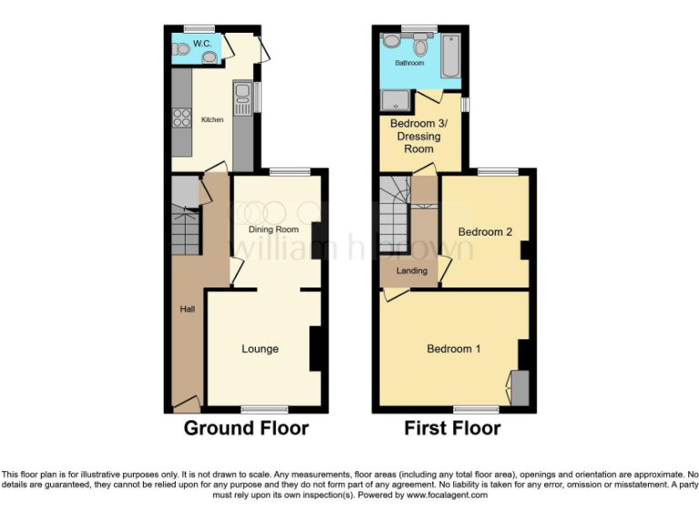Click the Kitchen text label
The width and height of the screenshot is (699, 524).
(212, 120)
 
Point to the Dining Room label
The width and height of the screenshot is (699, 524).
(274, 229)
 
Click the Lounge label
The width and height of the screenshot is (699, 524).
(260, 348)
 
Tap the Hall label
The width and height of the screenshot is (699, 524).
(187, 309)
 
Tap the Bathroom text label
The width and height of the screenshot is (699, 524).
(409, 63)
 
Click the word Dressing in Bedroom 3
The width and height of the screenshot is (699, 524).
(415, 136)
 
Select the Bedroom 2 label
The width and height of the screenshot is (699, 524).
(485, 232)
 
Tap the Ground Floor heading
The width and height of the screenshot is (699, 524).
(246, 428)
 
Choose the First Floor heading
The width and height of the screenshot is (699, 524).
(452, 428)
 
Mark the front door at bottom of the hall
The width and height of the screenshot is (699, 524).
(187, 403)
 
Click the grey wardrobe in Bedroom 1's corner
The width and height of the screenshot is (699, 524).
(520, 388)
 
